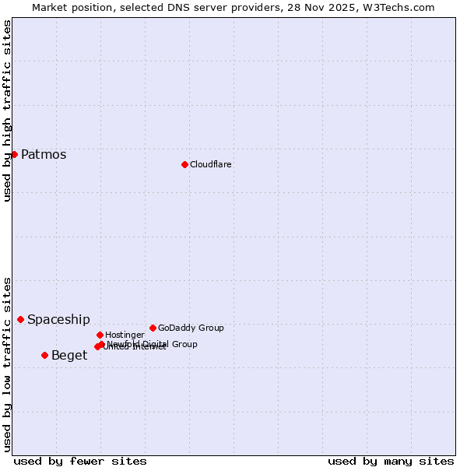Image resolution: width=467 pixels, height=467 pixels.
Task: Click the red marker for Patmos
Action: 14,154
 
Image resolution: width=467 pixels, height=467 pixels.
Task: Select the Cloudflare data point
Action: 184,164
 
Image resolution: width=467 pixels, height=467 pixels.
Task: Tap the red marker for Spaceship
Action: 20,319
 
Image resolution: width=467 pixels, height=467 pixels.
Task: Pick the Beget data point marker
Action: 44,355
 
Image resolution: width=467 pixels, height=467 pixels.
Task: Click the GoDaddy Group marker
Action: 153,328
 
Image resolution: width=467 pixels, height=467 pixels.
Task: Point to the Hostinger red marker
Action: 100,335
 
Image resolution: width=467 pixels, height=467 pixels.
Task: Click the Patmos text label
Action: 44,154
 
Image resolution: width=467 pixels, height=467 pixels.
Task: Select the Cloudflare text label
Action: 211,164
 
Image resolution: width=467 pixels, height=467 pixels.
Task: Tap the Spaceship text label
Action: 58,319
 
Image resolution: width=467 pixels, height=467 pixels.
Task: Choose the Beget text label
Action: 69,356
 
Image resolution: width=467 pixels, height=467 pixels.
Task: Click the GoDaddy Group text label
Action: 191,328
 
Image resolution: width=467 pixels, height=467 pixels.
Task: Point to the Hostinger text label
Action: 125,335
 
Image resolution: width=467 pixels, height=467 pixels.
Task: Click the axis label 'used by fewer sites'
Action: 80,461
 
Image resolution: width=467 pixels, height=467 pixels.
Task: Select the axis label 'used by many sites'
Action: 391,461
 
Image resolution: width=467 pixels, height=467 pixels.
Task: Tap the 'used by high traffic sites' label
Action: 8,111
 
